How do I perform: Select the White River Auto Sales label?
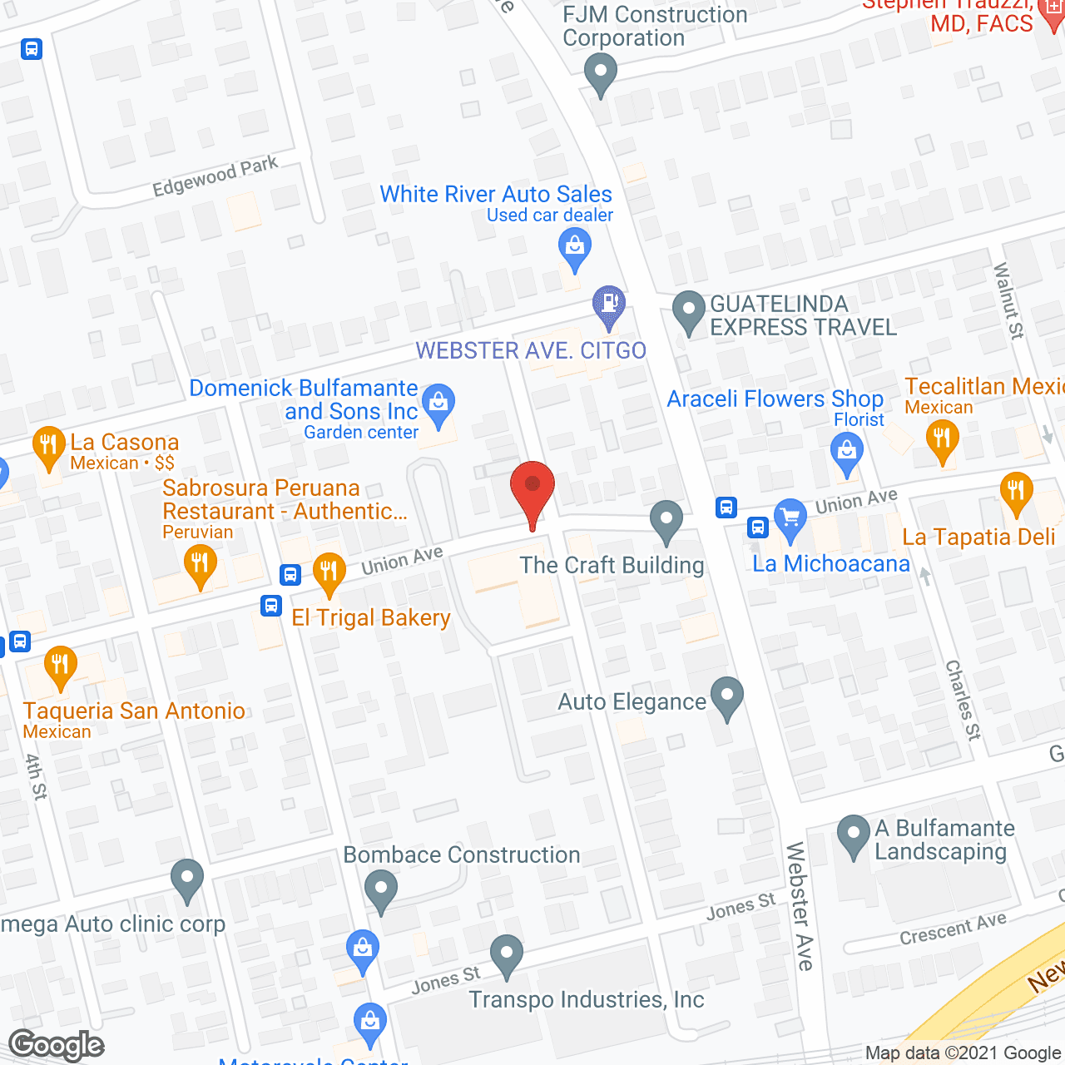[496, 194]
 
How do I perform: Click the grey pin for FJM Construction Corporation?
[600, 72]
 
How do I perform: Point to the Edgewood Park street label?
[215, 176]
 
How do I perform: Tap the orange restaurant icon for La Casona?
[49, 447]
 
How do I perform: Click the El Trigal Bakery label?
[371, 617]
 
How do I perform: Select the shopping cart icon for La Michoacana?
[790, 518]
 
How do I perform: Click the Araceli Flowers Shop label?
[775, 399]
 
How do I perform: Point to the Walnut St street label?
[1008, 300]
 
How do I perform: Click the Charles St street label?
[963, 700]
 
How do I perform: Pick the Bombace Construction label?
[462, 854]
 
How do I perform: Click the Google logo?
[57, 1045]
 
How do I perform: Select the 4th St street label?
[36, 776]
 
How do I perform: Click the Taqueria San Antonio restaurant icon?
[60, 666]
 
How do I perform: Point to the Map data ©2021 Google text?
[963, 1053]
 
